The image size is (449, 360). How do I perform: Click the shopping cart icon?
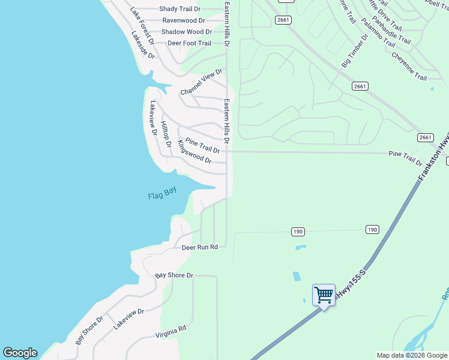[324, 295]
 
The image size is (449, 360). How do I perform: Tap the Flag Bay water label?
[162, 194]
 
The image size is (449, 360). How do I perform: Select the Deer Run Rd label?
[199, 247]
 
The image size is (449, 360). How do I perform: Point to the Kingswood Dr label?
[194, 153]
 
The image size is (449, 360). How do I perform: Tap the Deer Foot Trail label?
[189, 43]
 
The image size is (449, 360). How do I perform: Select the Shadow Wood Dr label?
[187, 32]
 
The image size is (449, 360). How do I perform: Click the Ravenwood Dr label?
[183, 20]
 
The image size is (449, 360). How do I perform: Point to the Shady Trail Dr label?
[179, 9]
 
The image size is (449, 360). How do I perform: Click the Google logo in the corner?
[20, 353]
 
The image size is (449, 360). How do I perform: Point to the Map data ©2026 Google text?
[412, 355]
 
